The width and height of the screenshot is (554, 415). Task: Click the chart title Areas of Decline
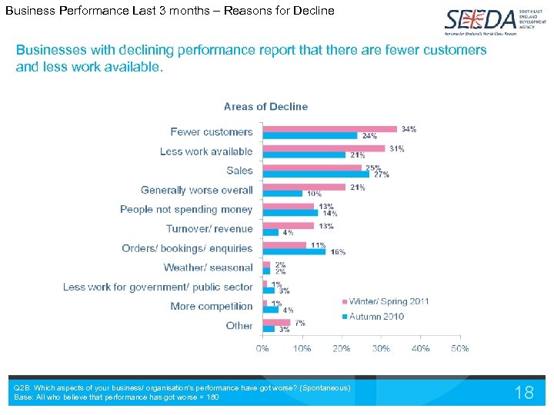click(265, 107)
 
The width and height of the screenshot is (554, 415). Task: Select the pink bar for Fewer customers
click(330, 128)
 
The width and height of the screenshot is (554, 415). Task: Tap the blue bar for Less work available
click(304, 155)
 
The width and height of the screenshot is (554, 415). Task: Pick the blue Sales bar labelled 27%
click(315, 174)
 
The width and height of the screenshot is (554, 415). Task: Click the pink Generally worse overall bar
click(304, 187)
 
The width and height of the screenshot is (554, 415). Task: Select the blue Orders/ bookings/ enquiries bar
click(294, 251)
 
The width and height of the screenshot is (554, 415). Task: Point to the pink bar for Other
click(276, 322)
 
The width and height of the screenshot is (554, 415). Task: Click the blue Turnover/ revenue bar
click(271, 232)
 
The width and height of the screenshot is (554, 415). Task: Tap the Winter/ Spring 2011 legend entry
click(389, 301)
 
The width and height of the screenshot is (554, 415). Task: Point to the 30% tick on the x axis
click(381, 348)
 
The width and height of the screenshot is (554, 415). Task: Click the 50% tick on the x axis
click(460, 348)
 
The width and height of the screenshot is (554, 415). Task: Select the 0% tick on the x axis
click(262, 348)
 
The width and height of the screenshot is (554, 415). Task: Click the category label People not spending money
click(186, 210)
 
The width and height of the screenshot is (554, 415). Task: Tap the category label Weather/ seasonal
click(208, 267)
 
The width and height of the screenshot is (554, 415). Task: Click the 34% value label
click(409, 129)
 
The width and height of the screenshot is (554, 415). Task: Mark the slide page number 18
click(524, 393)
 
